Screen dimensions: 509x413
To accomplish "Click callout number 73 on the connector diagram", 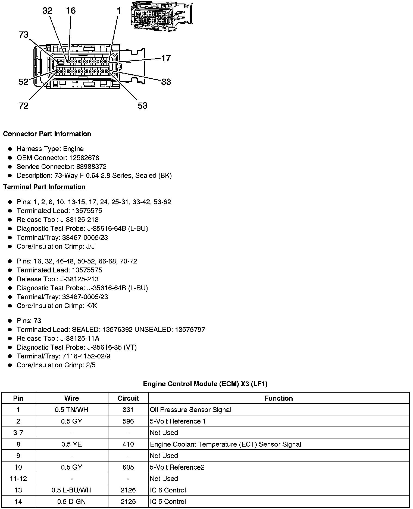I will (24, 35).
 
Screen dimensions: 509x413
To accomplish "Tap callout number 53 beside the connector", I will (142, 106).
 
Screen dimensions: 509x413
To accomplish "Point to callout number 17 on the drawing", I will (166, 58).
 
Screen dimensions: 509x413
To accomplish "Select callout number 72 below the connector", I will (24, 106).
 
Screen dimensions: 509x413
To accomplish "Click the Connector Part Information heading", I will (47, 134).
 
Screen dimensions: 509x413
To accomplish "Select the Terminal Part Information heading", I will (44, 187).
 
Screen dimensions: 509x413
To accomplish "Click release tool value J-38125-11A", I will (86, 338).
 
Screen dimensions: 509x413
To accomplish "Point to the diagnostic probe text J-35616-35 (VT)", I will (112, 347).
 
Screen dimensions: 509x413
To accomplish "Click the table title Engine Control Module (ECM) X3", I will (205, 384).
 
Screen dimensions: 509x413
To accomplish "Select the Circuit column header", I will (128, 398).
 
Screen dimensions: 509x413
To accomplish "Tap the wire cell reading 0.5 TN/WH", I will (71, 410).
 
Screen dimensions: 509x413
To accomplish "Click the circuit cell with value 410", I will (128, 444).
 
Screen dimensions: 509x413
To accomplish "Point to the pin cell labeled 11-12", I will (18, 479).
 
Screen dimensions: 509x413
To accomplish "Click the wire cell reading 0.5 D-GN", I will (71, 501).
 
